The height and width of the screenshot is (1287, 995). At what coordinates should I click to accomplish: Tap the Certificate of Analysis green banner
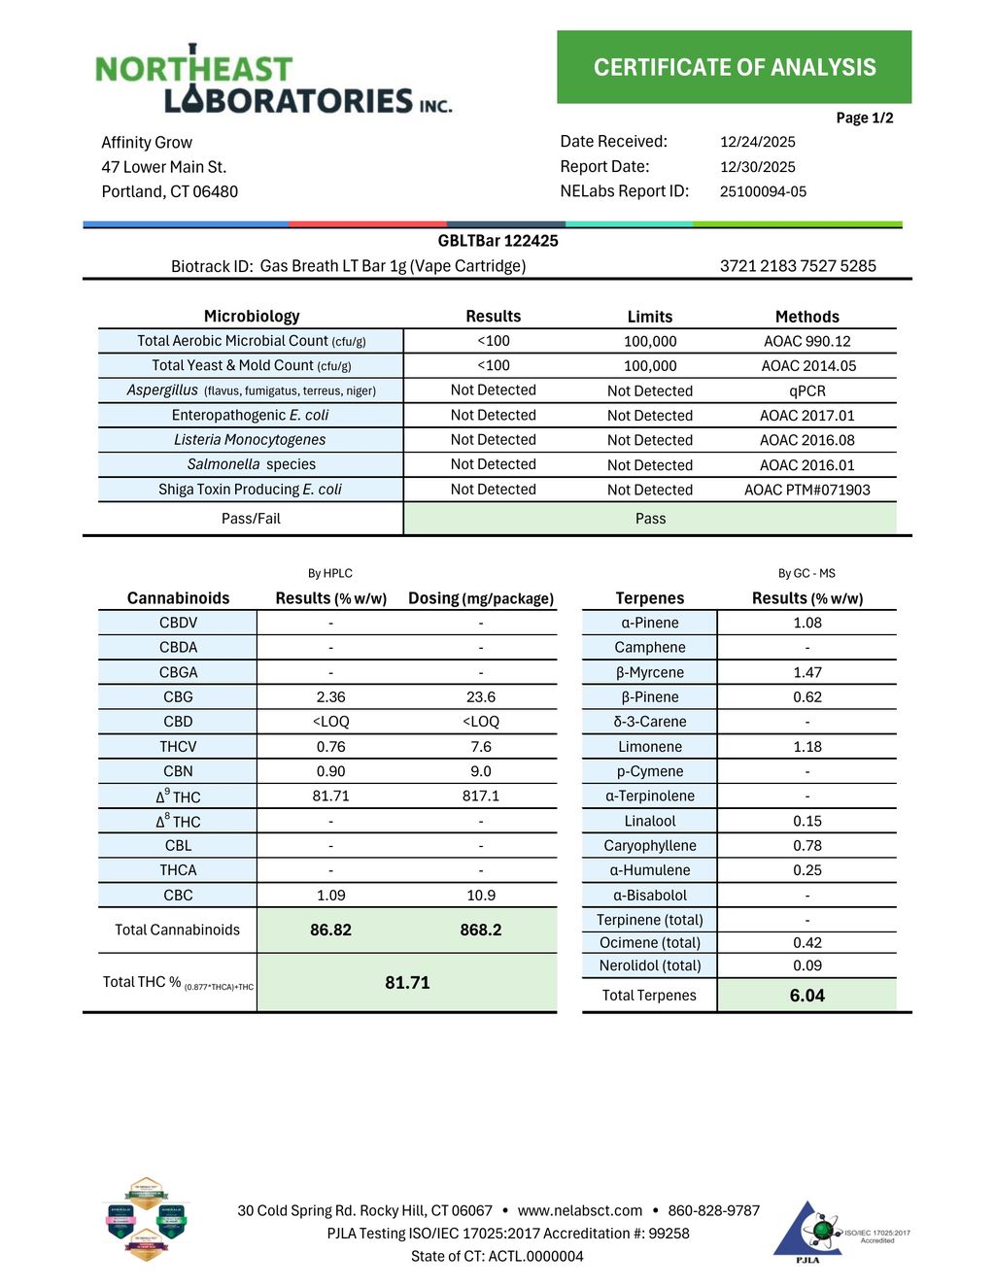coord(734,67)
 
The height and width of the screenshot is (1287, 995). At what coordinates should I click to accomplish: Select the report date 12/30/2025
coord(757,167)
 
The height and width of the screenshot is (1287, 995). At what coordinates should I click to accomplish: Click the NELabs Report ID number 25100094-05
coord(763,191)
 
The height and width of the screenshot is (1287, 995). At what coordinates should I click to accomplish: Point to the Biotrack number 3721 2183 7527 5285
coord(798,266)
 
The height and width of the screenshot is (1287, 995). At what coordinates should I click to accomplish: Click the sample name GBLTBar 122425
coord(497,241)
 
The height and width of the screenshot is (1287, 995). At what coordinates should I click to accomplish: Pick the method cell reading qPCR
coord(806,390)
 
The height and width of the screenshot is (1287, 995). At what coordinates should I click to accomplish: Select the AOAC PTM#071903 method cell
coord(806,490)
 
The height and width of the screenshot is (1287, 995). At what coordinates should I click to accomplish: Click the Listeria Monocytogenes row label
coord(251,440)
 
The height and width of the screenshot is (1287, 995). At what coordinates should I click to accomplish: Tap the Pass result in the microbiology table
coord(650,519)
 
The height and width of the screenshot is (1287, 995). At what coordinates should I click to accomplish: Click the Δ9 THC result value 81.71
coord(330,796)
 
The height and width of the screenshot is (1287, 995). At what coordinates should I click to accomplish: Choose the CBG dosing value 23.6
coord(480,696)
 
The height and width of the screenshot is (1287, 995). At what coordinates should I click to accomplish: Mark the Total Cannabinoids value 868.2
coord(480,930)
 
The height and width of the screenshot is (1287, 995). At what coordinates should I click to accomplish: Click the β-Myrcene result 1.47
coord(806,672)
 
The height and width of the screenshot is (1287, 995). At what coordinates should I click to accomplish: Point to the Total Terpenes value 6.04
coord(806,996)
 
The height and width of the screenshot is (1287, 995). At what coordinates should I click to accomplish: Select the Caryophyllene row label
coord(649,845)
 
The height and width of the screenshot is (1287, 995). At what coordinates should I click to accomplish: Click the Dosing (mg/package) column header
coord(480,598)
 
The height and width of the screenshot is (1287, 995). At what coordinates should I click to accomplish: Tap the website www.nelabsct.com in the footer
coord(579,1210)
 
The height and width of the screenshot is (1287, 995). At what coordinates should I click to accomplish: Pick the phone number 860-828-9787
coord(713,1210)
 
